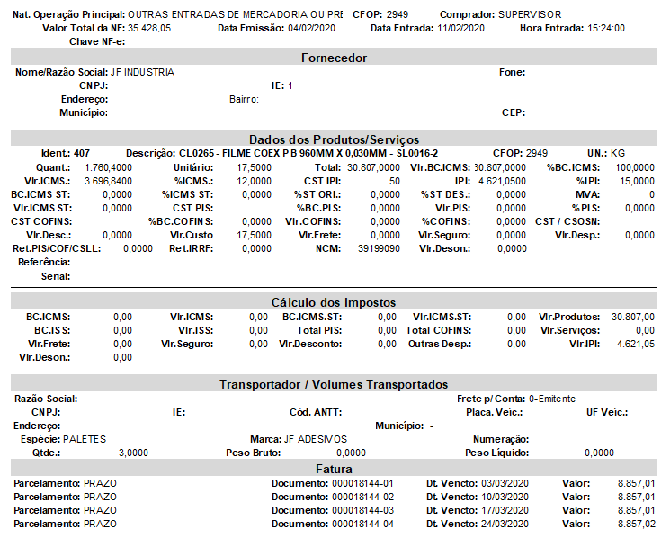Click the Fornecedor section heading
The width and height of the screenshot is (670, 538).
[334, 58]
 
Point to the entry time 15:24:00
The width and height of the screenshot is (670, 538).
[606, 29]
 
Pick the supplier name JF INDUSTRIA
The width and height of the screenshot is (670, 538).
[142, 72]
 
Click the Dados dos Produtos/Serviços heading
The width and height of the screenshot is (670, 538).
[334, 139]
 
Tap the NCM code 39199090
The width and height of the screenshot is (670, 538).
[379, 248]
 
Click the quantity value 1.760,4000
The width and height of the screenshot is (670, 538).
[108, 167]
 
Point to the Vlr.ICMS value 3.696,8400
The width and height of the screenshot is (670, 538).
[108, 181]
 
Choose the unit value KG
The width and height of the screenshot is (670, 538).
[618, 154]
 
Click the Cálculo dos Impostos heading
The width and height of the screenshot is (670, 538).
[334, 302]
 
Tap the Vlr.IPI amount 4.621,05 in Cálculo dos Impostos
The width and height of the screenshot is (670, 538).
[637, 344]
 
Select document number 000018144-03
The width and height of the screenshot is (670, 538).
[363, 510]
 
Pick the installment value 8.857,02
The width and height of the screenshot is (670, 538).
[636, 524]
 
